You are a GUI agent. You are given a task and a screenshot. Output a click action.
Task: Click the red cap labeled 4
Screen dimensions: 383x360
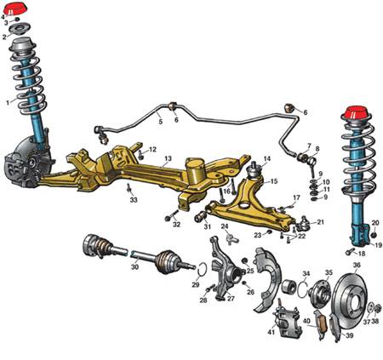[x=15, y=9]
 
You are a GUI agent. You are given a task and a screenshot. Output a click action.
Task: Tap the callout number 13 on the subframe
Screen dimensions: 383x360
[x=169, y=158]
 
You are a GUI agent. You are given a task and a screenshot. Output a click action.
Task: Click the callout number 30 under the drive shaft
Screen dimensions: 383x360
[x=134, y=267]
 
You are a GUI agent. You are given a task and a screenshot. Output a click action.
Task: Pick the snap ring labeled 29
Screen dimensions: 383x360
[x=202, y=269]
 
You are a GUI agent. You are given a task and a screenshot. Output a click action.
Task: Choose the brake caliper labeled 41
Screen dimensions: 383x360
[x=288, y=322]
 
